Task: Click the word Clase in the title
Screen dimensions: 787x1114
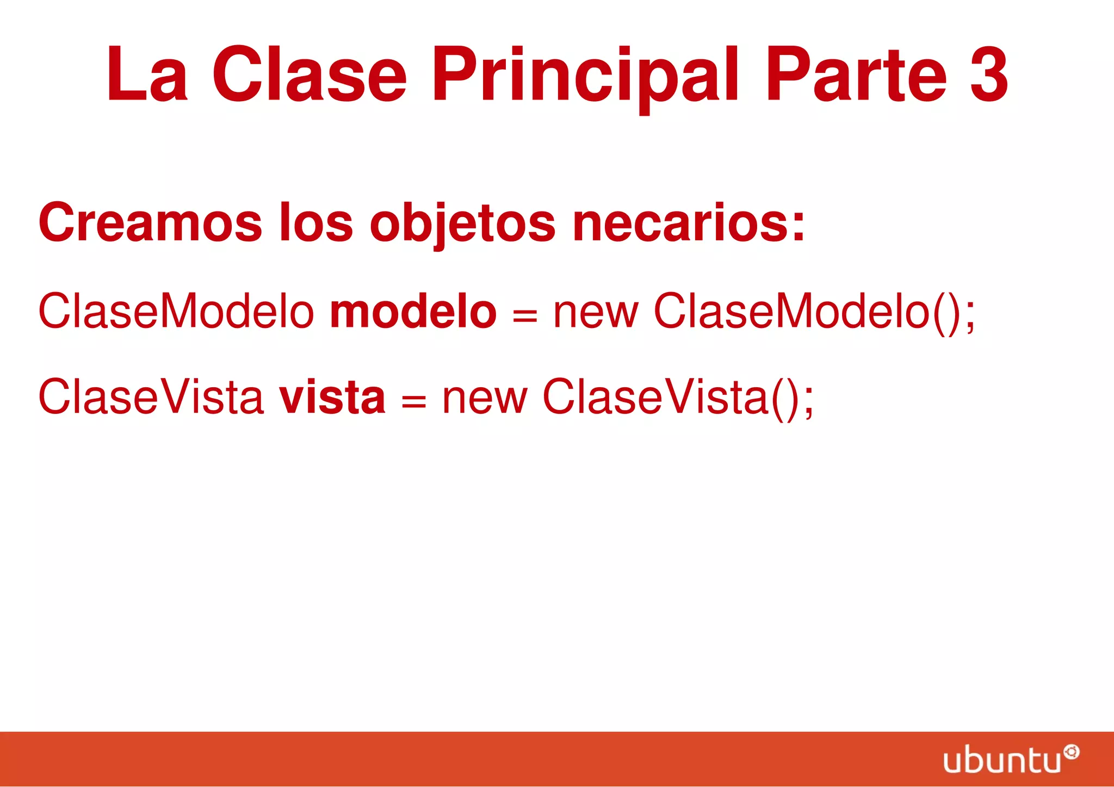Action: click(309, 75)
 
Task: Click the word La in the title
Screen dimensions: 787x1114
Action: click(147, 75)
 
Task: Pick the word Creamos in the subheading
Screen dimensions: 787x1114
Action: click(150, 222)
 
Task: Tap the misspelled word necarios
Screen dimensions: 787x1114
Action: click(688, 222)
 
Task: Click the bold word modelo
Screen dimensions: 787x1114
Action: click(413, 312)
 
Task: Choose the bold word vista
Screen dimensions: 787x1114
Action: click(332, 397)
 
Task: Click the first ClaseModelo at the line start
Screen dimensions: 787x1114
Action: click(176, 312)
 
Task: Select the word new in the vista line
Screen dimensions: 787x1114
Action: click(485, 399)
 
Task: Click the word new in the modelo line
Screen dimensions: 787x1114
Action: click(596, 313)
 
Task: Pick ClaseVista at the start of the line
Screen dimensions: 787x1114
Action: click(151, 397)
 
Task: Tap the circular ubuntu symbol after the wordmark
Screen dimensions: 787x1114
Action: click(1072, 752)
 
